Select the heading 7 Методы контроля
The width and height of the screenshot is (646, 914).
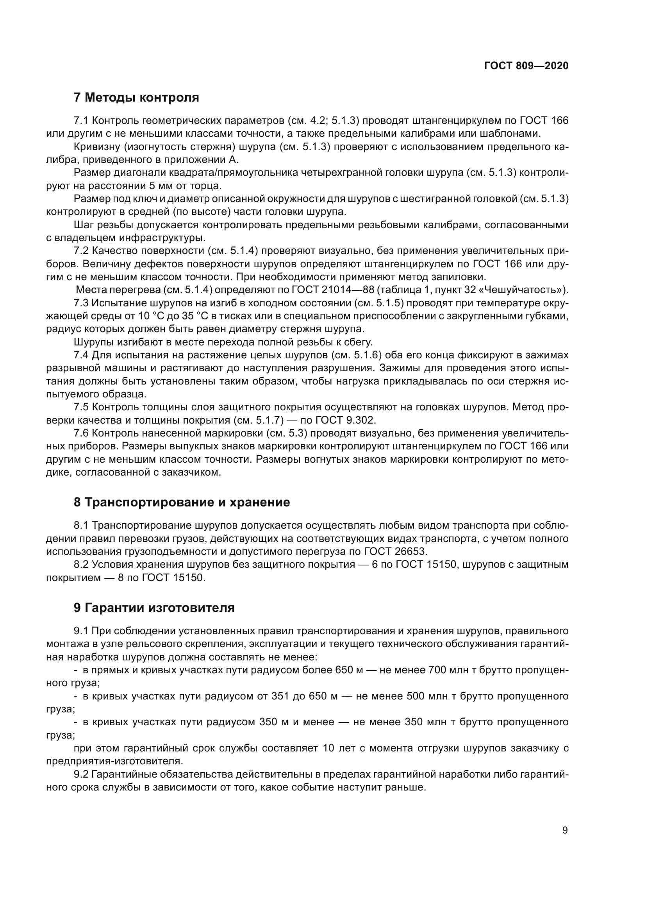(136, 97)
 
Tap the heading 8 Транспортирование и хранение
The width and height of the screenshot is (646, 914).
(181, 502)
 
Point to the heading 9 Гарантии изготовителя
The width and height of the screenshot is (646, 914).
(154, 608)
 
